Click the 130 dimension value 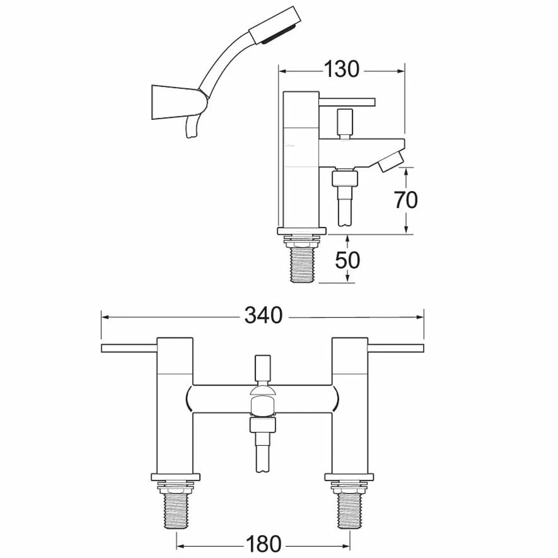coord(341,69)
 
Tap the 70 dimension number coord(406,200)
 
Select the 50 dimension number coord(348,260)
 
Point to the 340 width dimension coord(263,316)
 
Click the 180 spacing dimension coord(264,544)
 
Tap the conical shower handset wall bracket coord(179,103)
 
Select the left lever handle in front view coord(129,348)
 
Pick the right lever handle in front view coord(396,348)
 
